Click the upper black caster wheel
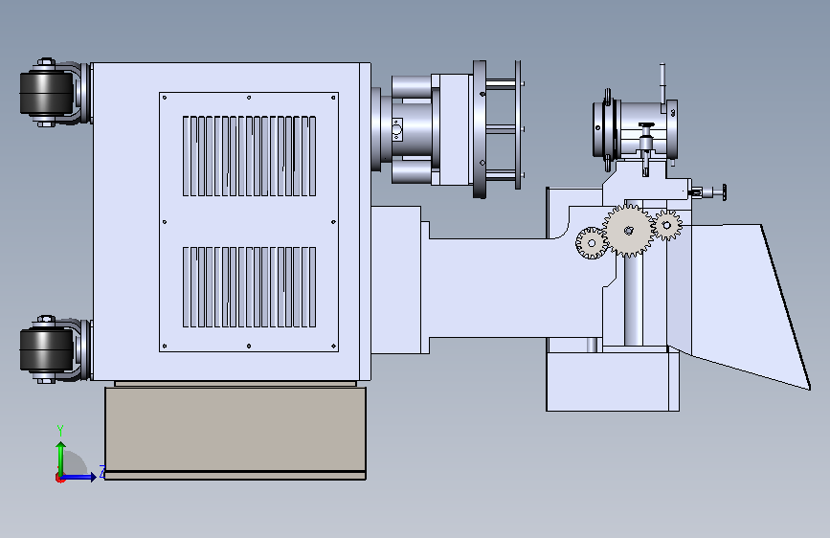pos(47,93)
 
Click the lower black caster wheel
pos(47,350)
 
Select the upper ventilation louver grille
pos(249,156)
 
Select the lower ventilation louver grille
pos(249,287)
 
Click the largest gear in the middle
pos(629,231)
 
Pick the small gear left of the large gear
pos(592,243)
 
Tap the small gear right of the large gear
pos(667,225)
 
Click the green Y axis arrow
pos(61,459)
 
